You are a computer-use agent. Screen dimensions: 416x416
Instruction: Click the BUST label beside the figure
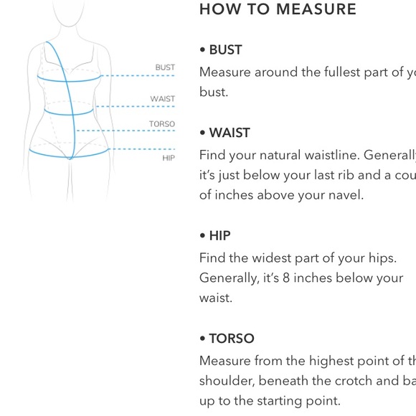click(x=165, y=67)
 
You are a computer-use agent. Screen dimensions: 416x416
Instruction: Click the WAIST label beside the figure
click(x=162, y=99)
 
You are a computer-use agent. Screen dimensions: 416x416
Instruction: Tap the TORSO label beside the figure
click(x=162, y=124)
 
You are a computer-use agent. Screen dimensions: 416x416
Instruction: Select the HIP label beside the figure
click(x=169, y=158)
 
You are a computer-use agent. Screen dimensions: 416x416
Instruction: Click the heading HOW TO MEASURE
click(x=278, y=9)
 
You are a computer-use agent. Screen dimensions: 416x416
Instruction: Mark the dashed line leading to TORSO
click(x=125, y=131)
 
